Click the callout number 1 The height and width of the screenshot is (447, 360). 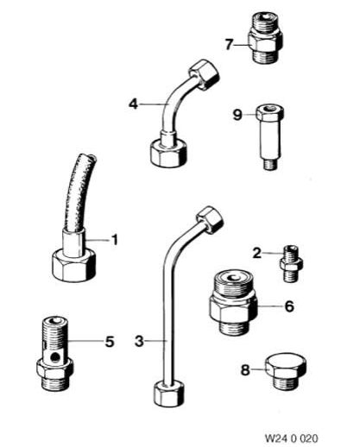tap(115, 240)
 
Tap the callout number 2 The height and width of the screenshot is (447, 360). tap(256, 253)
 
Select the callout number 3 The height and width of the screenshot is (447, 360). tap(139, 342)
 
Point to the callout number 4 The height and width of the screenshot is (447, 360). tap(133, 104)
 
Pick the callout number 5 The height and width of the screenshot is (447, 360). tap(110, 342)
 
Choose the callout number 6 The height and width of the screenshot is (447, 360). tap(289, 306)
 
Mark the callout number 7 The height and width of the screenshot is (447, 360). tap(229, 45)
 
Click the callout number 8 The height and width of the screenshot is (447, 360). tap(245, 370)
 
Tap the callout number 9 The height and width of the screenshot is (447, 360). tap(237, 115)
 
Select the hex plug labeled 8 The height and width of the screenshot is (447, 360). tap(286, 371)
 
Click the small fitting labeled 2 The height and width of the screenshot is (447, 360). tap(291, 264)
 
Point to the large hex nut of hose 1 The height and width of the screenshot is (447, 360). tap(74, 265)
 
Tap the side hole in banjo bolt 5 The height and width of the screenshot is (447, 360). tap(54, 357)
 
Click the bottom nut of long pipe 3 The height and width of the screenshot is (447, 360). tap(168, 393)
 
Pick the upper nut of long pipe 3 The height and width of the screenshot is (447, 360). tap(210, 219)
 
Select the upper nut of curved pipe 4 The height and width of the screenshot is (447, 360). tap(204, 74)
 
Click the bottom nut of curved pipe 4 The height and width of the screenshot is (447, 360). tap(168, 153)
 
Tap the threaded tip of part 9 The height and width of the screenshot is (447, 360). tap(270, 165)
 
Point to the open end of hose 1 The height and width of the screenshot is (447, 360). tap(92, 157)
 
